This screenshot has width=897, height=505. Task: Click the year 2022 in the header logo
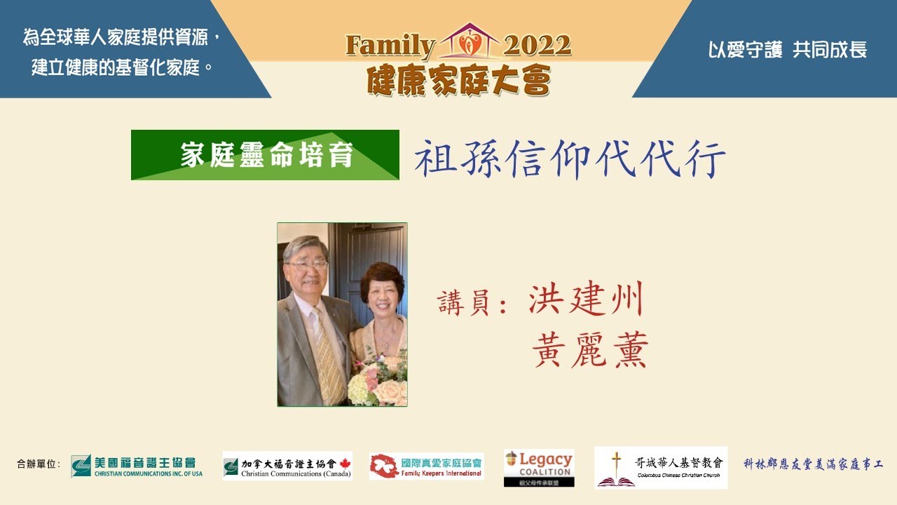[537, 46]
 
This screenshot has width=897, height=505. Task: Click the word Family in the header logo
[390, 46]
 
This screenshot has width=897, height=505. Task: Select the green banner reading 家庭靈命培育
[265, 155]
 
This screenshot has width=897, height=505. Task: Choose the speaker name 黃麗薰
[590, 349]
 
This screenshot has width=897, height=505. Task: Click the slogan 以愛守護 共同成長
[788, 50]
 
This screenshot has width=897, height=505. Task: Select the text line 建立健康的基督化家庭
[123, 69]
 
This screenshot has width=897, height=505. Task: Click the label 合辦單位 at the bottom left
[39, 464]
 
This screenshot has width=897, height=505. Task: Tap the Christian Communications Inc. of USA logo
[137, 466]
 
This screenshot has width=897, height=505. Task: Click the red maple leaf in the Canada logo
[344, 463]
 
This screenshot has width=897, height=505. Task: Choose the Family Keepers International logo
[426, 466]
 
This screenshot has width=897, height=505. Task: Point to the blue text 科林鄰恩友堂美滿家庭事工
[813, 464]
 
